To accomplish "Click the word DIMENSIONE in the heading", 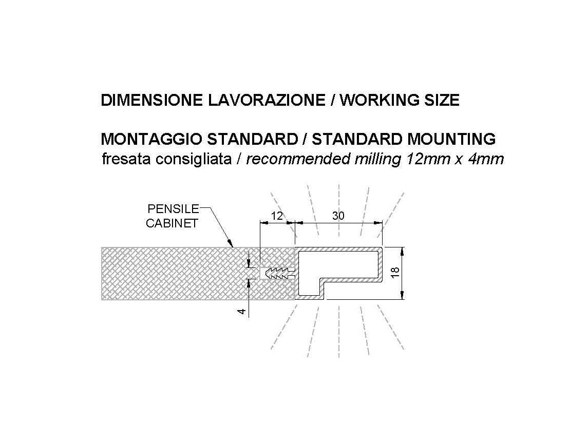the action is point(152,100).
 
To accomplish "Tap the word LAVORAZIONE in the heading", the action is point(266,100).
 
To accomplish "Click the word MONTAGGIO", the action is point(152,139).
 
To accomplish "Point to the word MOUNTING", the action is point(451,139).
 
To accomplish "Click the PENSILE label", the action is point(173,209).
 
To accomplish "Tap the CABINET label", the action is point(172,223).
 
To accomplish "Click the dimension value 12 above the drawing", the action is point(277,216).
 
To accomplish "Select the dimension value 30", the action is point(338,216).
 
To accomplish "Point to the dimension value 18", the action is point(395,273).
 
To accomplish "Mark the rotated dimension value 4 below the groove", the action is point(242,311).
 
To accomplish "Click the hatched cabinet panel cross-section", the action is point(180,273).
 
